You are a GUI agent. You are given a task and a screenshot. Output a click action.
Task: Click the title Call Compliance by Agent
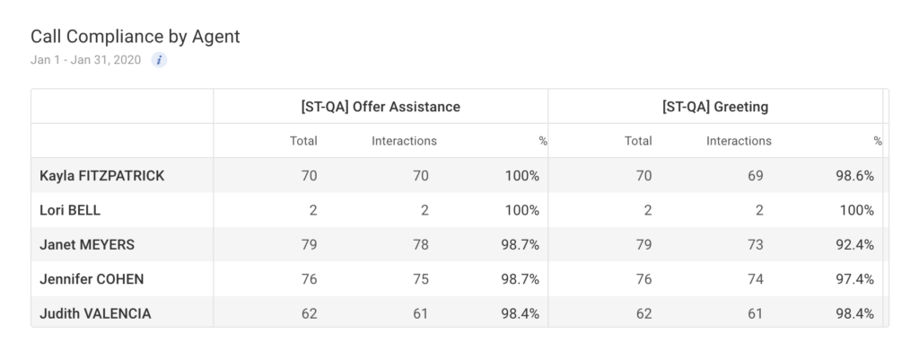tap(135, 37)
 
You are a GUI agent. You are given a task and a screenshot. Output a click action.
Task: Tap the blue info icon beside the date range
tap(159, 60)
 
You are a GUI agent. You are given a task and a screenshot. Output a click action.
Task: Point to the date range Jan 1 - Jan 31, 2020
tap(85, 60)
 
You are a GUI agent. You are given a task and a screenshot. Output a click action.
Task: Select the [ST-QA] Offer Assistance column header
tap(381, 107)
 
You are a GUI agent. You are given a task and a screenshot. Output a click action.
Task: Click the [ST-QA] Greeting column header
tap(714, 107)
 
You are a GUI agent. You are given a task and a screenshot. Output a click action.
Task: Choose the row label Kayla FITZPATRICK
tap(102, 176)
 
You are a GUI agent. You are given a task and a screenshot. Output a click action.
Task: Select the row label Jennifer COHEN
tap(92, 279)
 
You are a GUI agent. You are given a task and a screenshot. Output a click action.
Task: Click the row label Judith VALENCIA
tap(95, 313)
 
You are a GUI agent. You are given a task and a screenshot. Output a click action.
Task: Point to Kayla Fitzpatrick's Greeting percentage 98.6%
tap(853, 176)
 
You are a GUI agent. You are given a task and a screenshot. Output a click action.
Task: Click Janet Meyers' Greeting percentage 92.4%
tap(853, 245)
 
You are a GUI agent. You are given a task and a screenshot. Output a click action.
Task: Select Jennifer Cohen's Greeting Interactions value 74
tap(755, 279)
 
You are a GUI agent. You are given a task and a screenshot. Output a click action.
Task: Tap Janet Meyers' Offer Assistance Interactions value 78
tap(420, 245)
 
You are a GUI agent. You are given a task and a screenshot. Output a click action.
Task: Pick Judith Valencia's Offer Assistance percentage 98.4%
tap(520, 313)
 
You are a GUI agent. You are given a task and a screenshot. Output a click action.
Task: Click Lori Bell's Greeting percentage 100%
tap(857, 210)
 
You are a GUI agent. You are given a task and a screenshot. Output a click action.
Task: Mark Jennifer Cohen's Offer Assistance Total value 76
tap(309, 279)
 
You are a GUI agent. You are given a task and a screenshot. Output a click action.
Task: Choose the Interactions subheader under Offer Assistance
tap(404, 141)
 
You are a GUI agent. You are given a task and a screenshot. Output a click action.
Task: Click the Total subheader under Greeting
tap(638, 141)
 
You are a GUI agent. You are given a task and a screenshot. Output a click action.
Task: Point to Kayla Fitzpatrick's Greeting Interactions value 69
tap(755, 176)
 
